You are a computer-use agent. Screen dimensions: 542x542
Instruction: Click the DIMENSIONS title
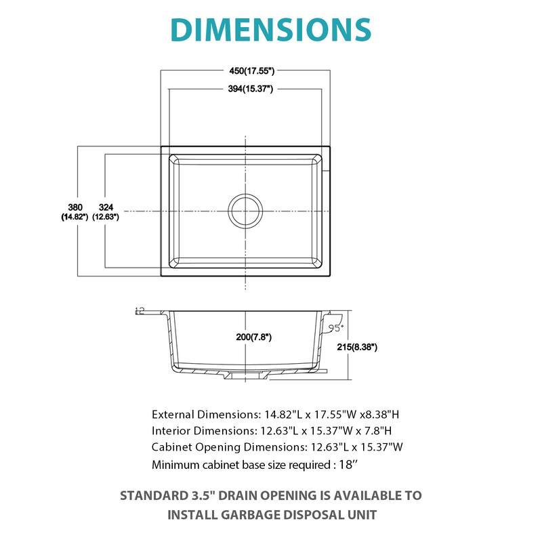(x=271, y=28)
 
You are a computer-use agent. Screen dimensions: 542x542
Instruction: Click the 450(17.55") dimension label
(x=245, y=70)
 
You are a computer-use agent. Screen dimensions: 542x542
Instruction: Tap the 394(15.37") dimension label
(x=245, y=89)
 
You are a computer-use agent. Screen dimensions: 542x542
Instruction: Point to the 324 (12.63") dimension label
(x=107, y=211)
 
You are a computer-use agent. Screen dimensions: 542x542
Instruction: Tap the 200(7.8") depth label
(x=245, y=337)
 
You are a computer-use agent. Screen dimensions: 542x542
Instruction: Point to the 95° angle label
(x=337, y=327)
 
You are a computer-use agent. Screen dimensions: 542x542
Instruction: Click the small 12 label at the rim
(x=140, y=310)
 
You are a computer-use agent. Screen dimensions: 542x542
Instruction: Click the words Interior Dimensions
(x=193, y=430)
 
